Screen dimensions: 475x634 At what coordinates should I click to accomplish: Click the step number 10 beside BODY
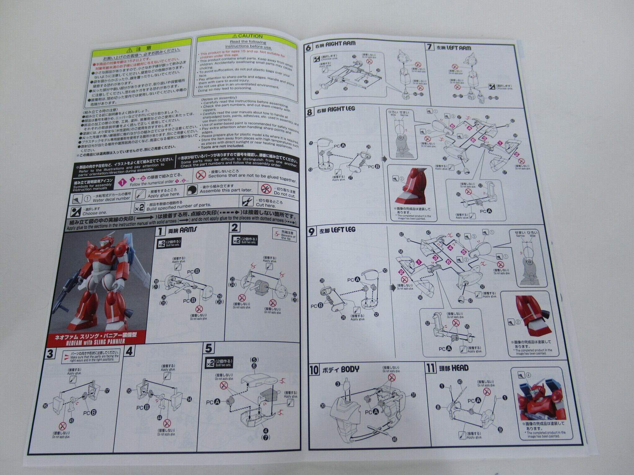314,370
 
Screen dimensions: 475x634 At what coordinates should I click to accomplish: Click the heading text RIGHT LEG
341,109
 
